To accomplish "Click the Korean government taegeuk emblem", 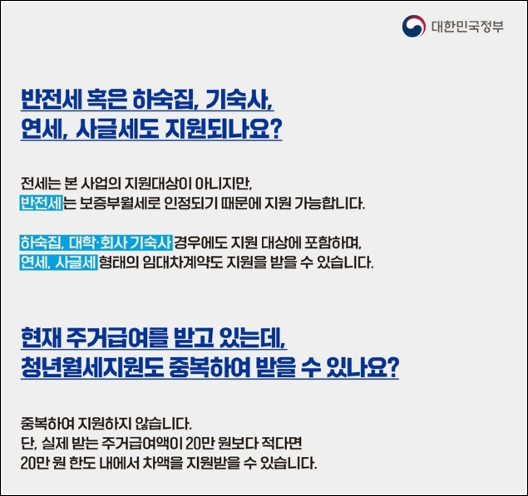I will [x=413, y=27].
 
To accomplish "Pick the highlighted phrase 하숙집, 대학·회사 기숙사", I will [x=96, y=243].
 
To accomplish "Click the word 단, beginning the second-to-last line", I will [x=27, y=442].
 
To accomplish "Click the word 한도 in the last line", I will [x=86, y=462].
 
